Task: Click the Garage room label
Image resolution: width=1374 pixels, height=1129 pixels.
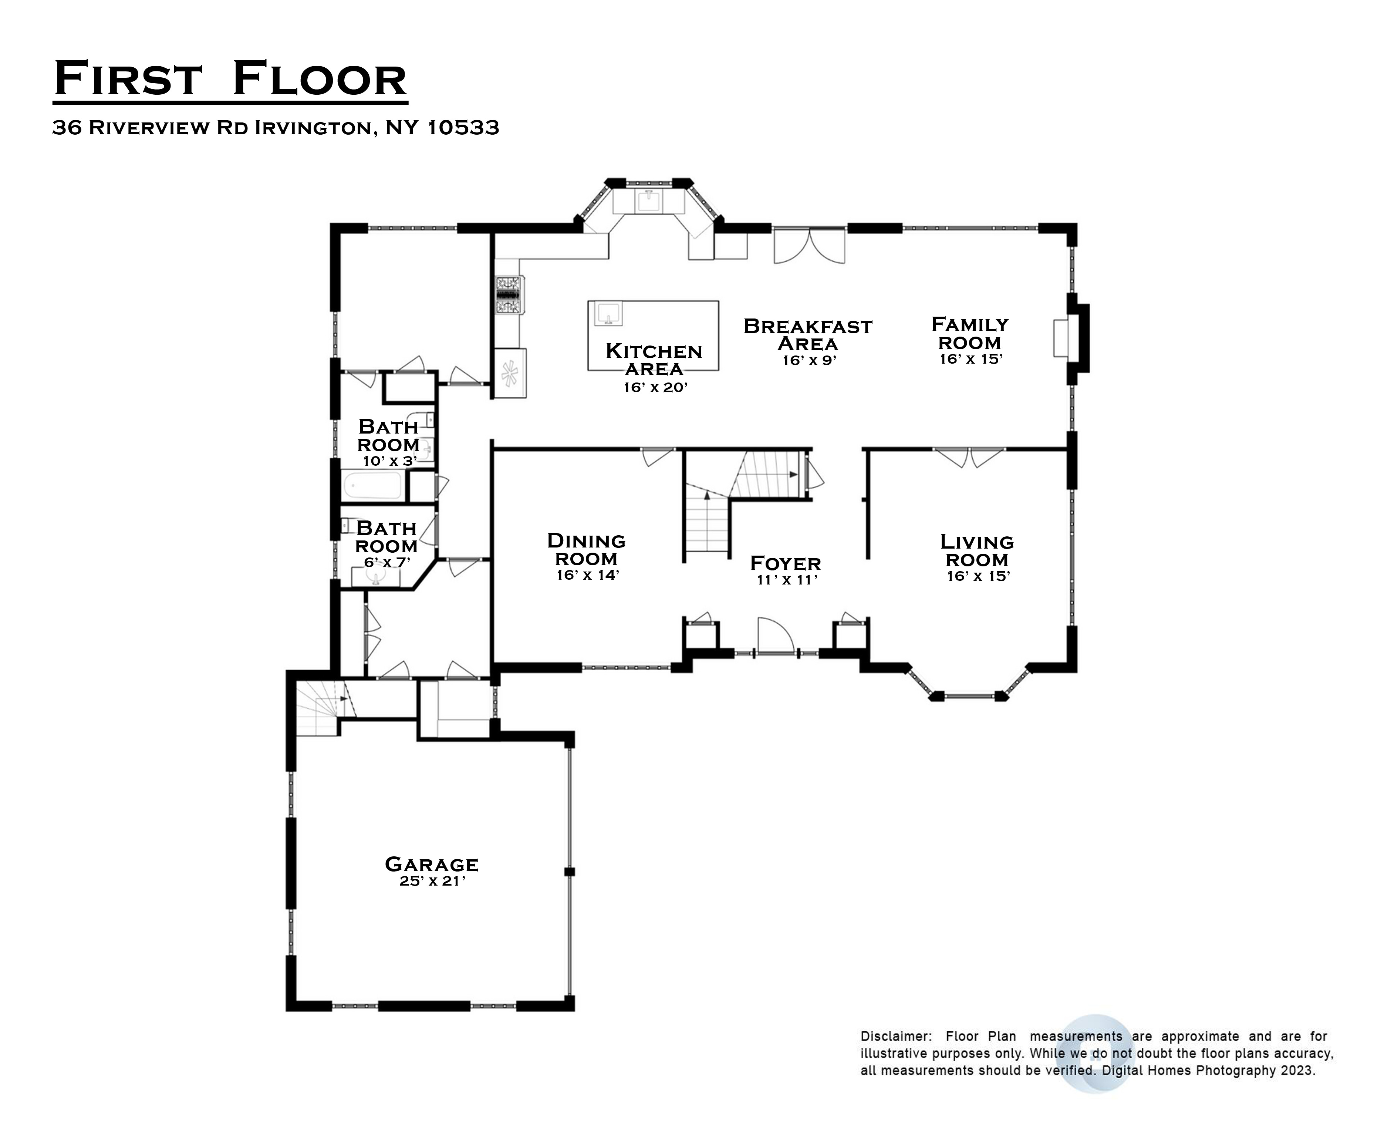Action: (x=431, y=864)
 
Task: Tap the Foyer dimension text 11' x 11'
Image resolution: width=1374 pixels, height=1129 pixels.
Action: (x=786, y=580)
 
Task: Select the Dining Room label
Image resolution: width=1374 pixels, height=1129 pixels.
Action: (x=586, y=550)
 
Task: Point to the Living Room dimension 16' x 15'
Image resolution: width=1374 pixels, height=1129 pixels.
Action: (x=978, y=576)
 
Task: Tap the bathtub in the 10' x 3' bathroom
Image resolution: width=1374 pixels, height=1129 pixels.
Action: (x=372, y=486)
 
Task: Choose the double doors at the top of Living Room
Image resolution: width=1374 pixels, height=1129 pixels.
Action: (x=969, y=456)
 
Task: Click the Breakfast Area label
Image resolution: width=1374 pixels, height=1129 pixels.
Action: (x=808, y=334)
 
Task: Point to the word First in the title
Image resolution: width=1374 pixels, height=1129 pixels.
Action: (x=127, y=79)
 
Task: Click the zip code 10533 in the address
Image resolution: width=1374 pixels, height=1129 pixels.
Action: (x=463, y=128)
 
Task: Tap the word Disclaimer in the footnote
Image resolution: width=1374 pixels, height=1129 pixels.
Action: (x=895, y=1037)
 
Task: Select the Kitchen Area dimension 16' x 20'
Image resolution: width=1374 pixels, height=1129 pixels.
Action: (x=655, y=388)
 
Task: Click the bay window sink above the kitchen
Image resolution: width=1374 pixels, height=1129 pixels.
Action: (x=648, y=202)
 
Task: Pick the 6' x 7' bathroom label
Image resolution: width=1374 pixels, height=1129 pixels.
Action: (x=386, y=537)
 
